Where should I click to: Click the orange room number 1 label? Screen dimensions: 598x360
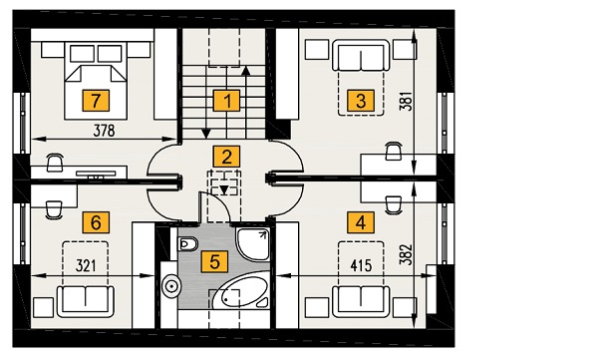point(226,101)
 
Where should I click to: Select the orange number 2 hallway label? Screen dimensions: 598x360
point(226,157)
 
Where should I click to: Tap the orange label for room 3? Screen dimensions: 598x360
point(361,101)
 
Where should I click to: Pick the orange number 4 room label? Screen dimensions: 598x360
point(361,222)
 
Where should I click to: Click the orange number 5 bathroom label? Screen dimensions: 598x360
point(214,262)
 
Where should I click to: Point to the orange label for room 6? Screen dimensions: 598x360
point(96,222)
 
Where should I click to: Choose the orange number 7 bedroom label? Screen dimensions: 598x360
point(96,101)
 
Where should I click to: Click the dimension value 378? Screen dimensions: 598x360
point(104,131)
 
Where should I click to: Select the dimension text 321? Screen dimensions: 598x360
point(86,265)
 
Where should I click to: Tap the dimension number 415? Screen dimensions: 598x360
point(361,265)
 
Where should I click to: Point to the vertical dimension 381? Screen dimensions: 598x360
point(407,101)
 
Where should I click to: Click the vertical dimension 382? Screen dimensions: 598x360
point(407,254)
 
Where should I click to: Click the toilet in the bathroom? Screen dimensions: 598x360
point(187,244)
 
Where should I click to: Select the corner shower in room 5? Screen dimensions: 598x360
point(253,244)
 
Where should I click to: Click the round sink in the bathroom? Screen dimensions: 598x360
point(171,285)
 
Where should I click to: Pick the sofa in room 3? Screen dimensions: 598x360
point(361,56)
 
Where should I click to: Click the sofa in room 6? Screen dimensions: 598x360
point(86,301)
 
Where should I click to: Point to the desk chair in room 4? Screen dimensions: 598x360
point(394,204)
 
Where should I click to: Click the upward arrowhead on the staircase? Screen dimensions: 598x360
point(246,71)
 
